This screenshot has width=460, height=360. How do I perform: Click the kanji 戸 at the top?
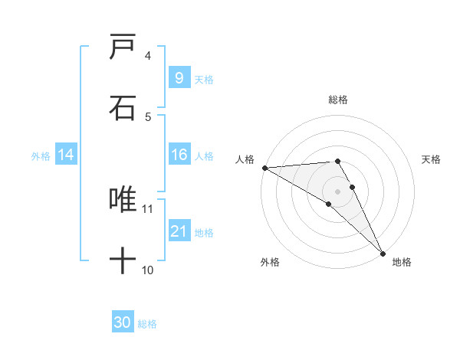[x=123, y=48]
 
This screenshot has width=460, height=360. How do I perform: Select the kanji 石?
[x=123, y=108]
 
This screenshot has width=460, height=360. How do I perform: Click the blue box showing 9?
[x=179, y=77]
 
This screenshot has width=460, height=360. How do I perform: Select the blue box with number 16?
[x=179, y=155]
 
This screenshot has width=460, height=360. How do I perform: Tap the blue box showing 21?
[x=179, y=231]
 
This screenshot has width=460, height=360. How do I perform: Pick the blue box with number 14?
[x=65, y=155]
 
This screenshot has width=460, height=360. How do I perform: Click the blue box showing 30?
[x=122, y=322]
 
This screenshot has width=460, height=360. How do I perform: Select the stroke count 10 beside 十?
[x=148, y=270]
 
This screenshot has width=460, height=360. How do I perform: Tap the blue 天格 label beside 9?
[x=204, y=79]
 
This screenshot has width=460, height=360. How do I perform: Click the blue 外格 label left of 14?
[x=41, y=155]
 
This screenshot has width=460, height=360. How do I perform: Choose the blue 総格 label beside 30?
[x=147, y=324]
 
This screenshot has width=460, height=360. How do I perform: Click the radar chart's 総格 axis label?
[x=338, y=100]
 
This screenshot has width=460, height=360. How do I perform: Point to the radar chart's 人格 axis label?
[x=244, y=159]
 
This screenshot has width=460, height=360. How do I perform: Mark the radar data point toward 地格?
[x=382, y=253]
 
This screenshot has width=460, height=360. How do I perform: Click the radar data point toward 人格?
[x=264, y=168]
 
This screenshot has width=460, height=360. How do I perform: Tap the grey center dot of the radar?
[x=338, y=191]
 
